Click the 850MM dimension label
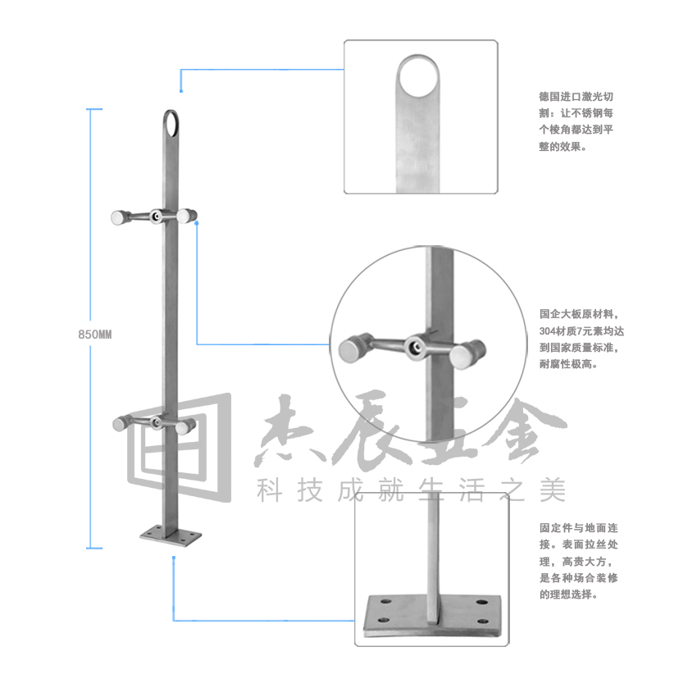(x=94, y=335)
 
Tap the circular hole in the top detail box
(x=418, y=76)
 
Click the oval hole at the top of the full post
(x=171, y=122)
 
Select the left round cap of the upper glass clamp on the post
(x=118, y=218)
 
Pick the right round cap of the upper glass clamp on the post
(x=186, y=216)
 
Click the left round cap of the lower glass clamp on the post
(x=120, y=423)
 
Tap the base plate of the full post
(x=171, y=536)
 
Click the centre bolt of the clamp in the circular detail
(x=416, y=347)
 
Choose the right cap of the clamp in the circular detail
(x=467, y=354)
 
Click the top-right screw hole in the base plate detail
(x=482, y=603)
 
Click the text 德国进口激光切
(x=576, y=97)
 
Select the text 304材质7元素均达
(x=581, y=330)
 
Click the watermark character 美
(x=553, y=490)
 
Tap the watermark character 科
(x=270, y=490)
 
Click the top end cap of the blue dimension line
(x=93, y=109)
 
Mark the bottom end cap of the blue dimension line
(x=93, y=548)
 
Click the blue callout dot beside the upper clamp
(x=197, y=223)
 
